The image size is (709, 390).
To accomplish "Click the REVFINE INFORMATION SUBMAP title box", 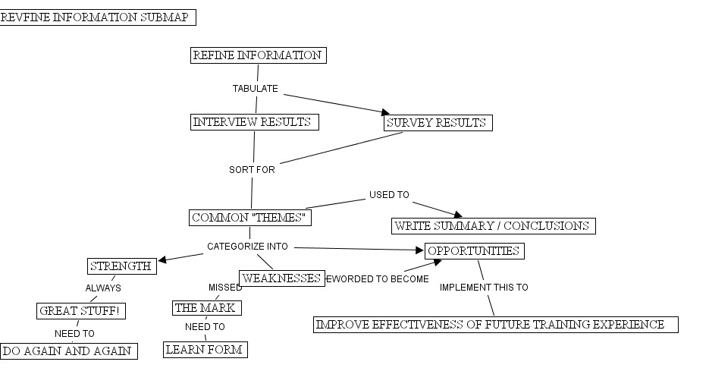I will tap(98, 17).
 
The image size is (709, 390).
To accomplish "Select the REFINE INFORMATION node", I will tap(258, 55).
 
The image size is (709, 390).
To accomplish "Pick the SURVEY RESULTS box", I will tap(438, 123).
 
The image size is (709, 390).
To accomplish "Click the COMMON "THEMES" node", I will tap(250, 219).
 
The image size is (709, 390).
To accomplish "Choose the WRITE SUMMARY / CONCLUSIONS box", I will tap(494, 226).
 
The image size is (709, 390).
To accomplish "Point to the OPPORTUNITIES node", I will tap(475, 251).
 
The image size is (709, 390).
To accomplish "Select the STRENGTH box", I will tap(122, 266).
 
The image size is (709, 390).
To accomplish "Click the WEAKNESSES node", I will tap(282, 278).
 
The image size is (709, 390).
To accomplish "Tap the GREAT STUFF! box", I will tap(80, 311).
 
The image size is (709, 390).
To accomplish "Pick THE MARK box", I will tap(207, 308).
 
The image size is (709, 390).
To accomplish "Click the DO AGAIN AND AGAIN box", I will tap(69, 351).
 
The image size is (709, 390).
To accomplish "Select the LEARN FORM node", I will tap(205, 350).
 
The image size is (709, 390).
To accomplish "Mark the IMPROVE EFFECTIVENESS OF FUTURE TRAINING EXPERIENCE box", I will tap(495, 325).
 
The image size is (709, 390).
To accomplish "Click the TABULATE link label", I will tap(256, 89).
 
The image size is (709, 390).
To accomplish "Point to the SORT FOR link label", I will tap(252, 170).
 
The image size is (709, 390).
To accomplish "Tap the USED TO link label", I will tap(389, 195).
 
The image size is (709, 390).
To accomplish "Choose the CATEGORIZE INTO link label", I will tap(247, 247).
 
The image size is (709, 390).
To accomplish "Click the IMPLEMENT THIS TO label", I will tap(484, 288).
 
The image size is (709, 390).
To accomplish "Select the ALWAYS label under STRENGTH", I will tap(103, 288).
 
